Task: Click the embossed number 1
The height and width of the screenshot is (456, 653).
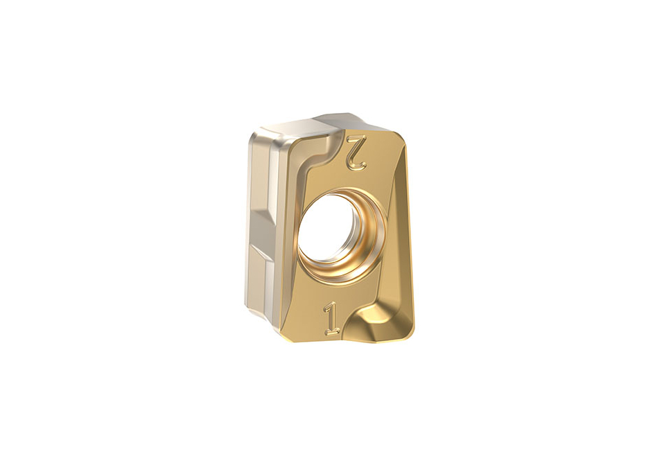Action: coord(332,319)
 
